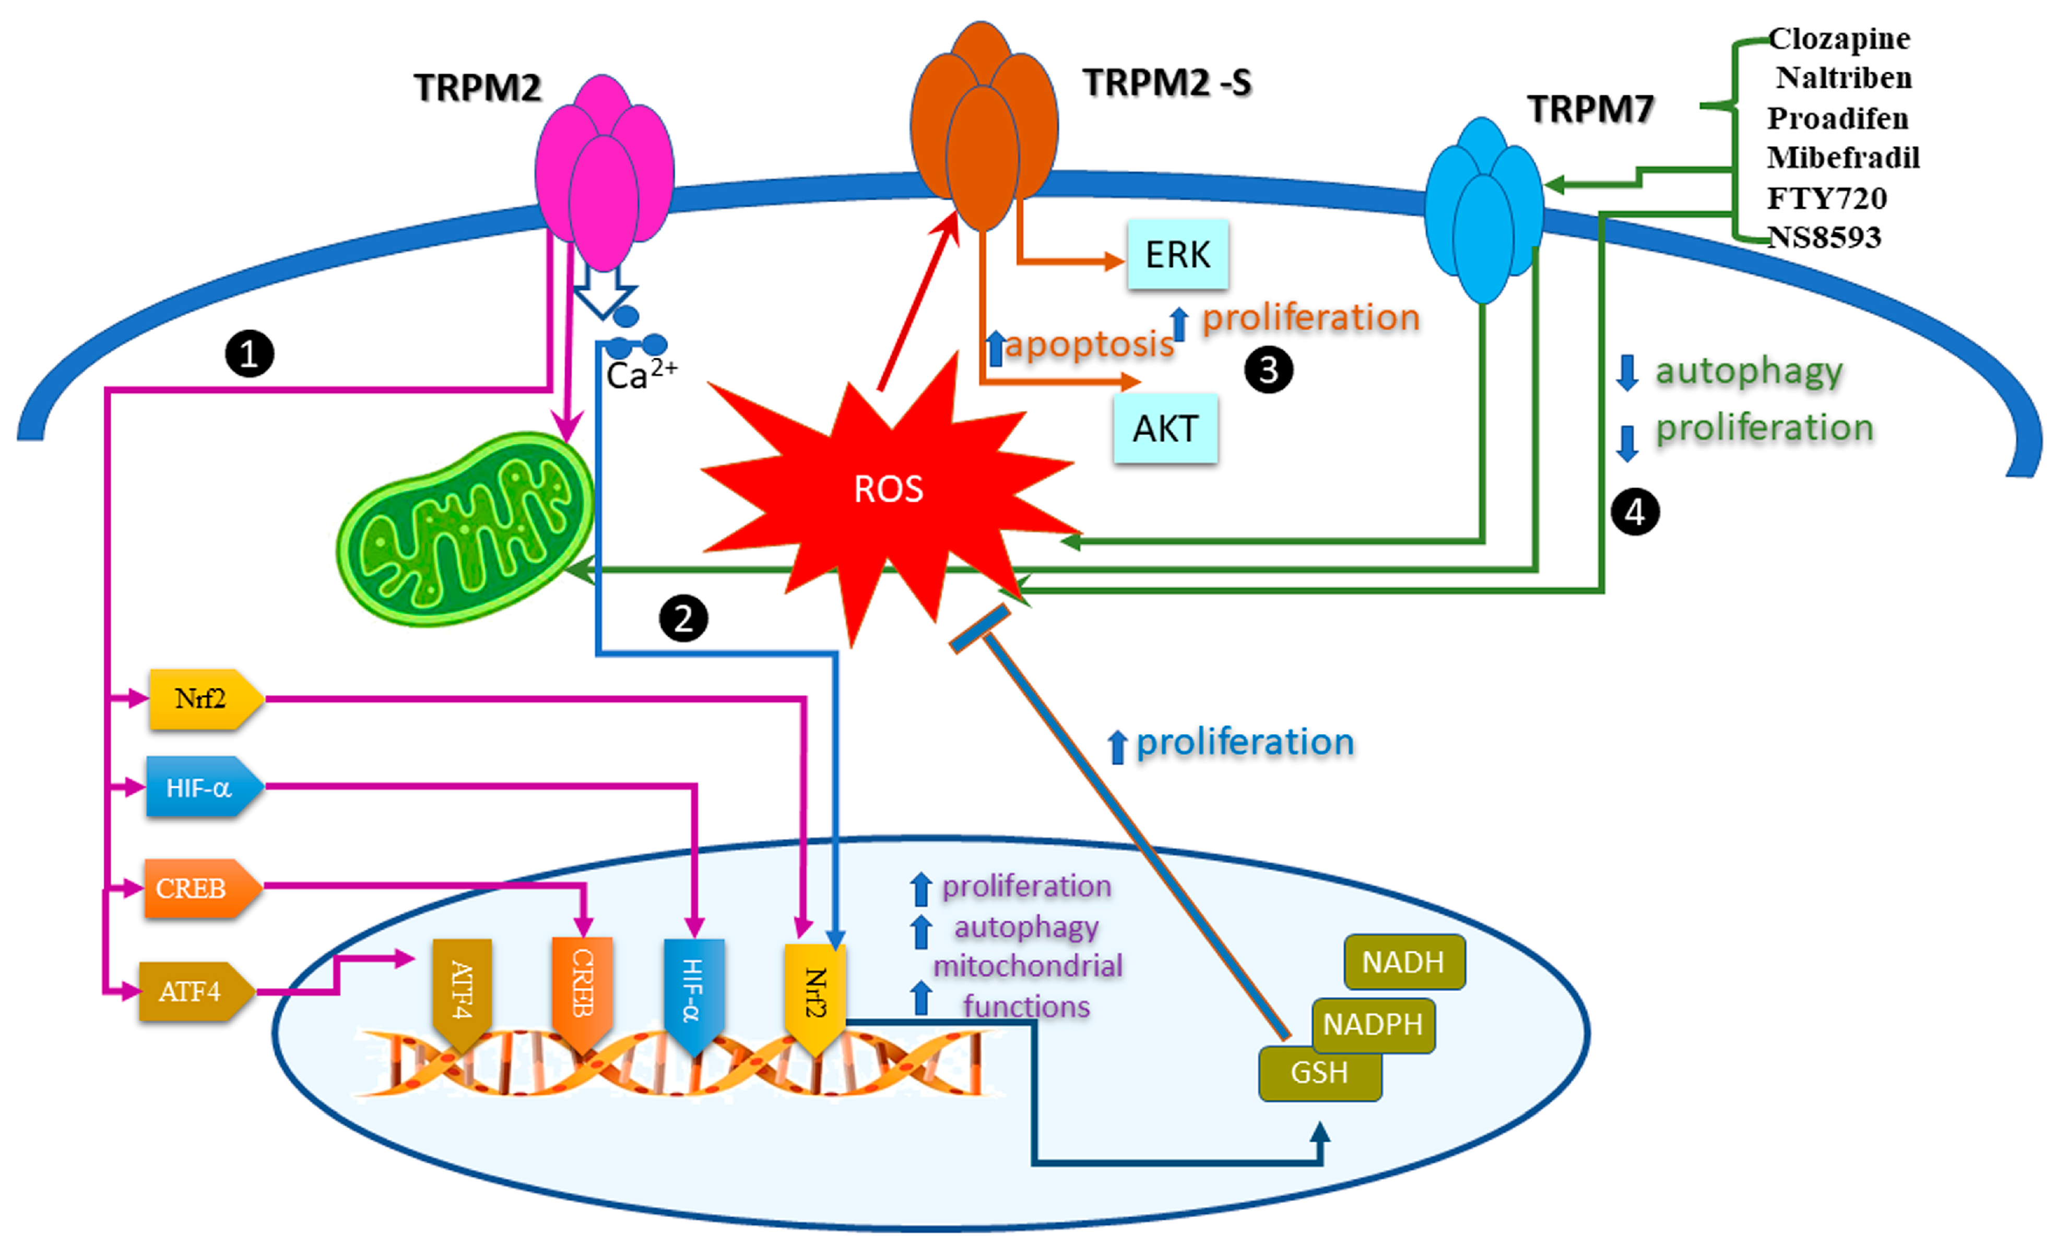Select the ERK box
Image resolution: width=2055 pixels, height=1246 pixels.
[x=1177, y=254]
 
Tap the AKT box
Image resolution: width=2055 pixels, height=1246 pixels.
[x=1165, y=429]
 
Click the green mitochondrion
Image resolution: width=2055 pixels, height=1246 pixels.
[x=465, y=529]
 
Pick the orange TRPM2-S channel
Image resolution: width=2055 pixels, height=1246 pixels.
[x=983, y=125]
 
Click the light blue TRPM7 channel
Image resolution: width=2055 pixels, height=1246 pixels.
[x=1483, y=208]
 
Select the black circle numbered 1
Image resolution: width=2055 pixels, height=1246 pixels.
[x=250, y=354]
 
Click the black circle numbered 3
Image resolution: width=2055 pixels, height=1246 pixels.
[x=1268, y=370]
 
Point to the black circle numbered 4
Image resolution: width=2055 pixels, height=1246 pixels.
[x=1635, y=512]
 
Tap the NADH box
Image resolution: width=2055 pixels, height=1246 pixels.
[x=1403, y=962]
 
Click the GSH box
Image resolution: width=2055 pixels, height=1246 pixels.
[x=1319, y=1073]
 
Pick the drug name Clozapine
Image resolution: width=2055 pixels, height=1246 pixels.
[x=1839, y=38]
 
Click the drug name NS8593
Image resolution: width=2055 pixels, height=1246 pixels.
[x=1824, y=238]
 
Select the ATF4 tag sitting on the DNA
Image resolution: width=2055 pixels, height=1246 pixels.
[x=461, y=992]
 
